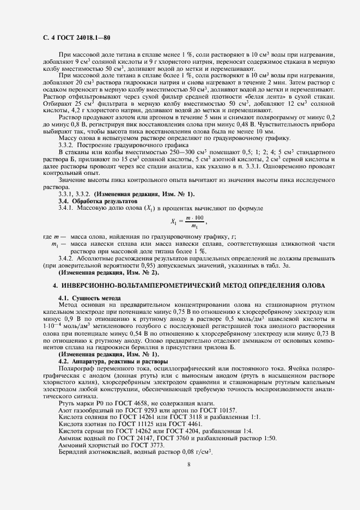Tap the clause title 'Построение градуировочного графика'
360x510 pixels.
118,153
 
